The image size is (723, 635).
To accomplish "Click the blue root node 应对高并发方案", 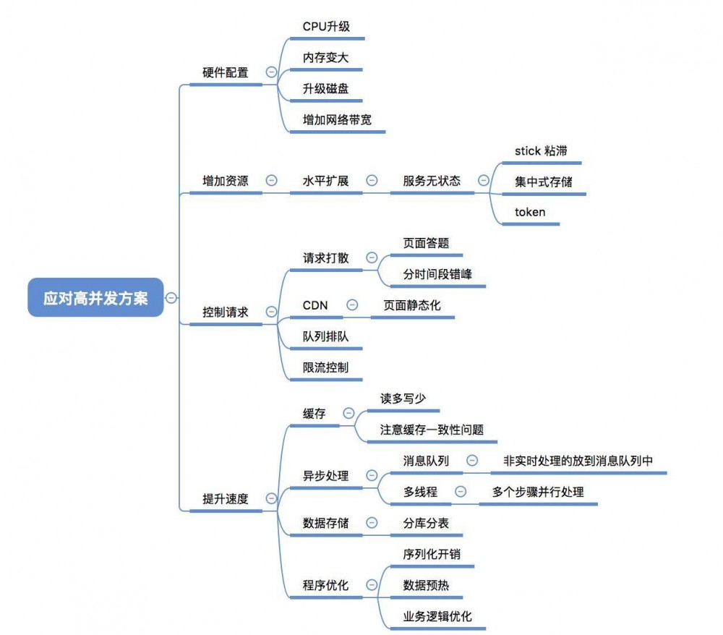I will (x=95, y=297).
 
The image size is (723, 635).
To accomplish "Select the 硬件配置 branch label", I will (x=225, y=72).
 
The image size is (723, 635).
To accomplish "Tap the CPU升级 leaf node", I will (x=326, y=26).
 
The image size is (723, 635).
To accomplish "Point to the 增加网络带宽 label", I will (x=337, y=119).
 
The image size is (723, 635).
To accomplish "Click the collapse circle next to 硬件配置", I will (x=271, y=72).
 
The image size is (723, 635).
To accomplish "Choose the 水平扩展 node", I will (x=325, y=181).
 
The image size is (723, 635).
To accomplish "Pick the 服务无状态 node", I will (x=432, y=181).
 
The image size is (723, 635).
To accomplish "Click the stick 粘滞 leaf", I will (x=541, y=150).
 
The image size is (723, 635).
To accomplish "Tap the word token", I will (x=530, y=212).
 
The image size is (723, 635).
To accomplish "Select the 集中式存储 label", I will (x=543, y=181).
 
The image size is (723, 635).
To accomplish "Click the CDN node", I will (x=315, y=305).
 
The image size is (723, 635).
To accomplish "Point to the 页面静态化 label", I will (x=411, y=305).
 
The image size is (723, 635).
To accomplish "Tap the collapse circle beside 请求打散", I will (x=372, y=257).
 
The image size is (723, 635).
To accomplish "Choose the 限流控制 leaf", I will (x=325, y=367).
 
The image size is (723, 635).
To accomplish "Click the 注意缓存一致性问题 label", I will (x=432, y=429).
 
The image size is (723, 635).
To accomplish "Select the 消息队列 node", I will (x=426, y=460).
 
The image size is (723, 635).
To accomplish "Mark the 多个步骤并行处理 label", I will (x=538, y=492).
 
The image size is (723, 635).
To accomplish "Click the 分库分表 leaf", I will (x=426, y=523).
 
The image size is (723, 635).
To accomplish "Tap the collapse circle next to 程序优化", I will (x=372, y=584).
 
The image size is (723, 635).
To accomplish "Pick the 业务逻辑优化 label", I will (x=437, y=616).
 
